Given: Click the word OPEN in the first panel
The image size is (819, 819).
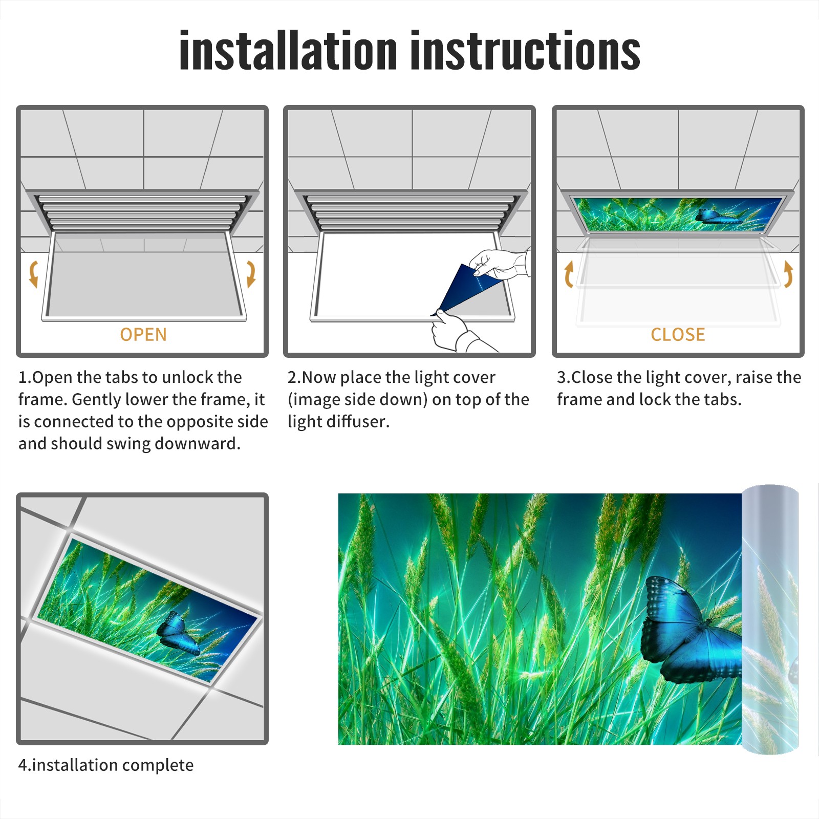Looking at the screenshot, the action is pos(143,334).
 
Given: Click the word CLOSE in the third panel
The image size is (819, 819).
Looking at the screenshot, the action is pos(678,334).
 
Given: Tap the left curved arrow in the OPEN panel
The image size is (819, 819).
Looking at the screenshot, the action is pos(34,274).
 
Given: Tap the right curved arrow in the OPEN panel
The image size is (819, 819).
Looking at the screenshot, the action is pos(251,274).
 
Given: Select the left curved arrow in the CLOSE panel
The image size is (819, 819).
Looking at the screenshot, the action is pos(569,274).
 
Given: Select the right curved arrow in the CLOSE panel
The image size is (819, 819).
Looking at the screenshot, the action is pos(788,274).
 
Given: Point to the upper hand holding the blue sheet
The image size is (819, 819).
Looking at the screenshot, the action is pos(499,264).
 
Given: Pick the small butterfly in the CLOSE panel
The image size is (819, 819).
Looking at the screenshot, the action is pos(717,216).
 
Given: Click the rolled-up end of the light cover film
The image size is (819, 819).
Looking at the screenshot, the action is pos(770,619).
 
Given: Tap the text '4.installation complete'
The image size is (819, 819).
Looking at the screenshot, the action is pos(106,765).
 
